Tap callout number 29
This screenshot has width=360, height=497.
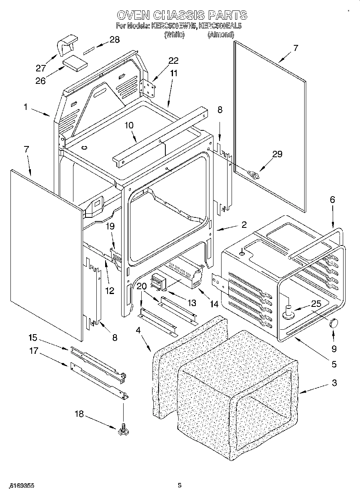click(x=277, y=154)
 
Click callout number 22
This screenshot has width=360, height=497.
click(x=173, y=61)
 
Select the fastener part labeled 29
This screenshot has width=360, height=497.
click(x=254, y=174)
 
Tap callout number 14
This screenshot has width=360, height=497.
click(x=215, y=305)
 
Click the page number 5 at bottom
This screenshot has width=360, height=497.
click(x=179, y=485)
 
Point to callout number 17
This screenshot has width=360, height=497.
click(x=33, y=351)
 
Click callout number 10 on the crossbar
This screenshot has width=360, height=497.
click(x=128, y=125)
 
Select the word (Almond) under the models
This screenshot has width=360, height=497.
click(x=221, y=35)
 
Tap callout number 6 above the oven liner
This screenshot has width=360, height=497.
click(x=332, y=200)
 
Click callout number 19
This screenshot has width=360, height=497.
click(x=110, y=227)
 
